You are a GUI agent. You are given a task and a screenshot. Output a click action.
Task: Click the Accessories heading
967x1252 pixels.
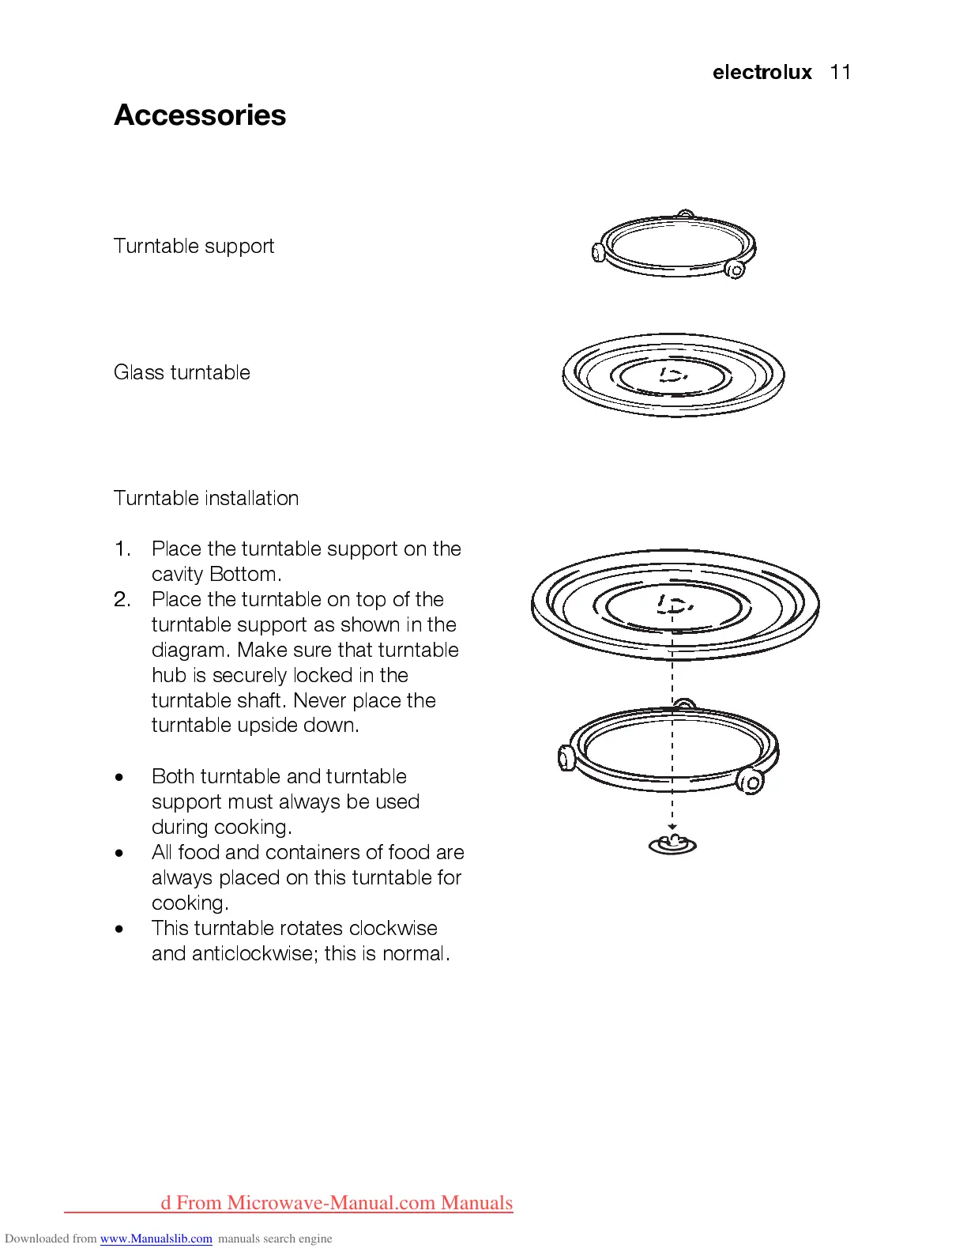coord(200,115)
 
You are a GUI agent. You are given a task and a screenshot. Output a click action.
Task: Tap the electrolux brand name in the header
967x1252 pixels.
coord(762,73)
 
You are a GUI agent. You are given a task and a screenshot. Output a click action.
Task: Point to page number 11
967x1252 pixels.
coord(841,73)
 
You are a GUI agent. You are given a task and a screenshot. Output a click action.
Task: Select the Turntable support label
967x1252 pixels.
coord(194,247)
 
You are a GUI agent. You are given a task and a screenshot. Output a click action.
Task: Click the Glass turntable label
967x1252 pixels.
coord(182,372)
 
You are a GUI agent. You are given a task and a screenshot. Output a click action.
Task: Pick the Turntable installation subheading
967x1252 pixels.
coord(206,499)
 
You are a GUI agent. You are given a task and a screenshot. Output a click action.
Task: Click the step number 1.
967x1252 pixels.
coord(122,549)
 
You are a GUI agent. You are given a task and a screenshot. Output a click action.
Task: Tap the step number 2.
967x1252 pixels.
coord(122,600)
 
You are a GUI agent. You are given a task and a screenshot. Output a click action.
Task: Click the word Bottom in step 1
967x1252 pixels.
coord(245,575)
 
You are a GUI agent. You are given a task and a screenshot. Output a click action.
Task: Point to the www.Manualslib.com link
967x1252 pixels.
coord(156,1239)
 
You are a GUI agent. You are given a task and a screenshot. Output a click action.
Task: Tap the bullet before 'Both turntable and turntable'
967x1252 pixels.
coord(119,778)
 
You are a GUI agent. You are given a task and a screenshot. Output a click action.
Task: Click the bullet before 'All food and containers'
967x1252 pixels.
coord(119,854)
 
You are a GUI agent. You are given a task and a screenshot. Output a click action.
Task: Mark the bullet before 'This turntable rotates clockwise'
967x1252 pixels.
coord(119,930)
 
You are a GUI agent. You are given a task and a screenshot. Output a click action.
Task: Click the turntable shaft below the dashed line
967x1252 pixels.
coord(672,844)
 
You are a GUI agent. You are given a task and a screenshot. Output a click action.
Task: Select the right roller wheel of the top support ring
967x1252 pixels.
coord(736,270)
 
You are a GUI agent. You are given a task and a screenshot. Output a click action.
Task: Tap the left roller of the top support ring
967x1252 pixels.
coord(598,252)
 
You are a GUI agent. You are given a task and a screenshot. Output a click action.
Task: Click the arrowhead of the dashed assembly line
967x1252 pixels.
coord(672,827)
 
